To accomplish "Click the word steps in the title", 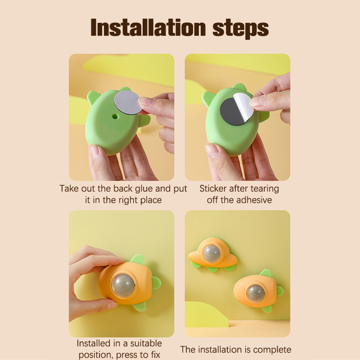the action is [240, 29].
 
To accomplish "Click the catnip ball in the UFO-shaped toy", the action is [211, 253].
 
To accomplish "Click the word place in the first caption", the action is [151, 200].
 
